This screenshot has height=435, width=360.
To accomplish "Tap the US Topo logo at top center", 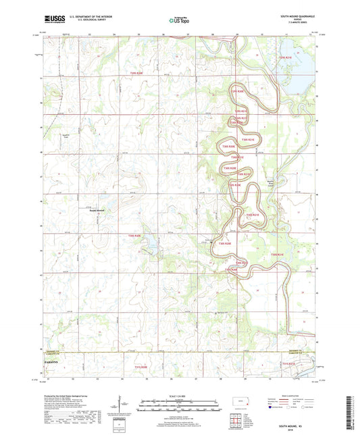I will (179, 21).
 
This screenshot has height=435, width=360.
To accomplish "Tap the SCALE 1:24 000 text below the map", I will (180, 395).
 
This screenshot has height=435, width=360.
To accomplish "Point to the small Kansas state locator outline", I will (238, 403).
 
